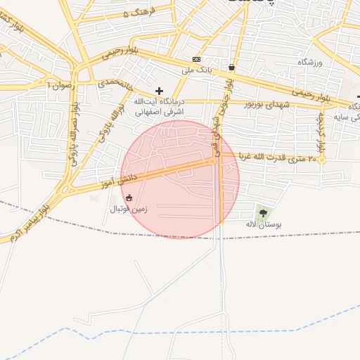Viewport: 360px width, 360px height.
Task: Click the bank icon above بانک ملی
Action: pyautogui.click(x=196, y=60)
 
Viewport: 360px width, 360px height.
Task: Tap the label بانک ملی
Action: pyautogui.click(x=196, y=70)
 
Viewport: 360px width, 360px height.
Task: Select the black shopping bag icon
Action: pyautogui.click(x=231, y=67)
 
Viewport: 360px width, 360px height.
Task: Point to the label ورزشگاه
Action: pyautogui.click(x=309, y=63)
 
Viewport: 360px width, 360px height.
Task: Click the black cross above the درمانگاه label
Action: pyautogui.click(x=159, y=91)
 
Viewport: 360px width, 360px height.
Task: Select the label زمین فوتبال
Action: pyautogui.click(x=125, y=210)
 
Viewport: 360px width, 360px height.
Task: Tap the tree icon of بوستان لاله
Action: pyautogui.click(x=263, y=212)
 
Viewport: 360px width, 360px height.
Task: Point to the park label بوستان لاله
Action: pyautogui.click(x=263, y=225)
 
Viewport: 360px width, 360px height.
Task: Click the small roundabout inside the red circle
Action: pyautogui.click(x=212, y=162)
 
